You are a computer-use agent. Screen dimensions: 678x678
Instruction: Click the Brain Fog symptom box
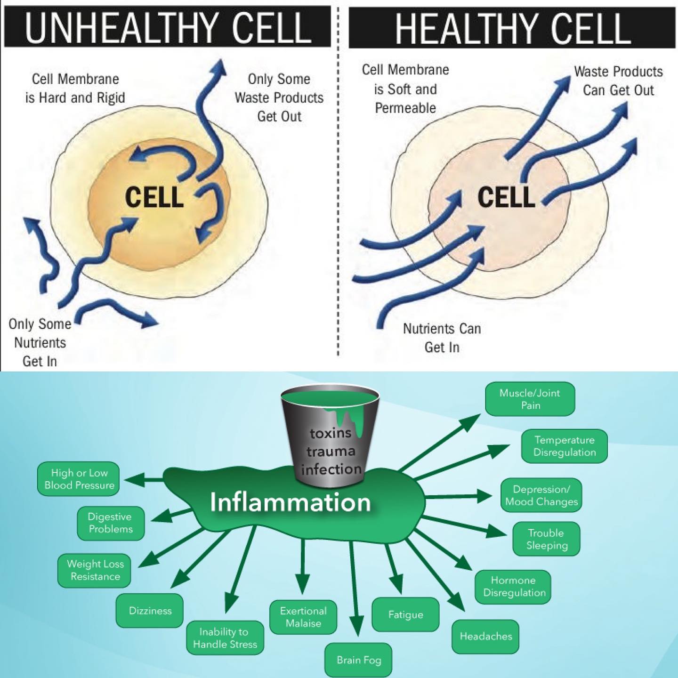pos(358,660)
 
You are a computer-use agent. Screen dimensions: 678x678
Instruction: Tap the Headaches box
pos(485,637)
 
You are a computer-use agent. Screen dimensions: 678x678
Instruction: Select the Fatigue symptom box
pos(405,614)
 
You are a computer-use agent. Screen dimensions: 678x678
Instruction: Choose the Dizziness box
pos(150,611)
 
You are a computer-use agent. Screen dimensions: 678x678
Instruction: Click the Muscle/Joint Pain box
pos(530,399)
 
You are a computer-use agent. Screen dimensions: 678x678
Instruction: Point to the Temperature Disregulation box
pos(565,446)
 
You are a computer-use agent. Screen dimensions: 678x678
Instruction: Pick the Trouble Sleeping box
pos(546,539)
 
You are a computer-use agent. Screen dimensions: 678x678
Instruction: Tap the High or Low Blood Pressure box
pos(79,479)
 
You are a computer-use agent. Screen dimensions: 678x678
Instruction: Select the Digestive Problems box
pos(111,523)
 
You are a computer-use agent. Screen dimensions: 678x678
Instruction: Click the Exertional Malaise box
pos(303,617)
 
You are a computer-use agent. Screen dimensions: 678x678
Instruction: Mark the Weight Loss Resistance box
pos(95,570)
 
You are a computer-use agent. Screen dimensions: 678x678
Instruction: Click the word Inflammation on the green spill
pos(290,502)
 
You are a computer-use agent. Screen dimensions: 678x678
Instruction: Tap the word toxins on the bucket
pos(330,433)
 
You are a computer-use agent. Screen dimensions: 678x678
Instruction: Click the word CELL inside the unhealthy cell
pos(154,197)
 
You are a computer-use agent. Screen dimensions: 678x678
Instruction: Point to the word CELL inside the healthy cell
pos(506,197)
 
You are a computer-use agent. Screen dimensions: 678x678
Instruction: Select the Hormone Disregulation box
pos(513,586)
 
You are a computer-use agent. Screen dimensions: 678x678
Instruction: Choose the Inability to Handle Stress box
pos(225,638)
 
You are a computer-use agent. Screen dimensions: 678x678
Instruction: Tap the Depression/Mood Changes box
pos(541,495)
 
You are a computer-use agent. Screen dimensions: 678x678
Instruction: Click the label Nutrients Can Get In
pos(442,338)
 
